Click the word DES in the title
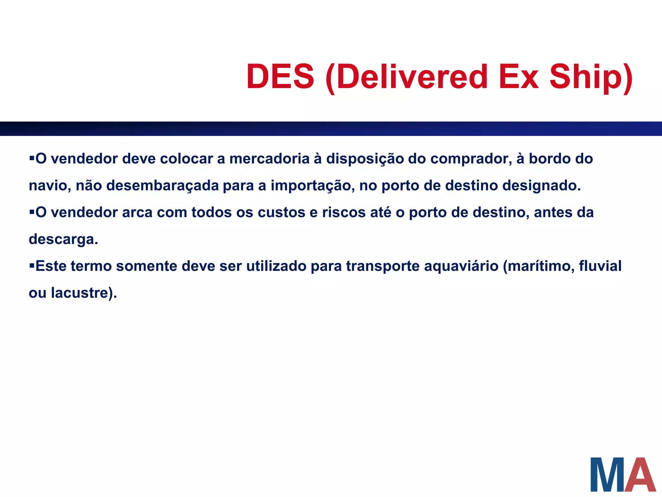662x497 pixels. click(280, 77)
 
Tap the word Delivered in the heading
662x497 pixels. click(411, 77)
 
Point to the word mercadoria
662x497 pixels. click(269, 159)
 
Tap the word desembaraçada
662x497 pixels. click(163, 186)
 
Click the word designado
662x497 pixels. click(541, 186)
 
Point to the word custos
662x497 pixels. click(281, 213)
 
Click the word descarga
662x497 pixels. click(63, 239)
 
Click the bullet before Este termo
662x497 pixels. click(32, 266)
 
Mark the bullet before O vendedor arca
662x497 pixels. click(32, 212)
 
